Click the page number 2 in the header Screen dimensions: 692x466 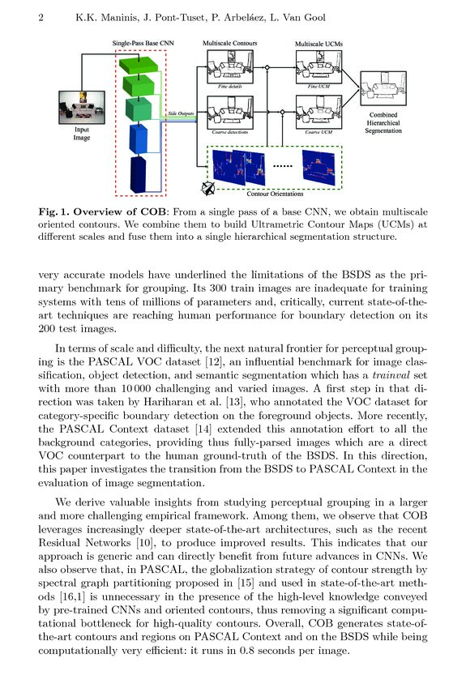pos(41,18)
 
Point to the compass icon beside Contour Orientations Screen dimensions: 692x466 pos(208,190)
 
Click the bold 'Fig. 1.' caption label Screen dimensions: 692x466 pos(58,212)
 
